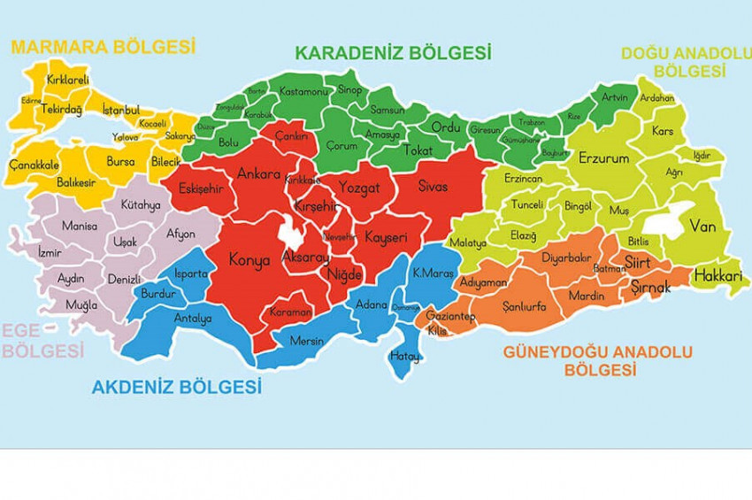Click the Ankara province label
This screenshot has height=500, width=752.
tap(257, 173)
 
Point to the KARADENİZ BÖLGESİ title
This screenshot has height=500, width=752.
tap(393, 53)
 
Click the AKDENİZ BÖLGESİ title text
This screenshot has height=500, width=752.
tap(177, 387)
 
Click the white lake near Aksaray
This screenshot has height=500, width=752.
tap(289, 234)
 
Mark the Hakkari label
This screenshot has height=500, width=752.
tap(717, 277)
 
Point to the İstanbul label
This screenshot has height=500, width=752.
tap(121, 110)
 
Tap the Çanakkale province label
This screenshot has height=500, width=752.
tap(34, 165)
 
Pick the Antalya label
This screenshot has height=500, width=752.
tap(193, 318)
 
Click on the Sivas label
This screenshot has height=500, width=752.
tap(434, 187)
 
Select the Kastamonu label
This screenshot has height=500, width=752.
tap(303, 91)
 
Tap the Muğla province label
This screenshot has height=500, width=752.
tap(81, 305)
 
